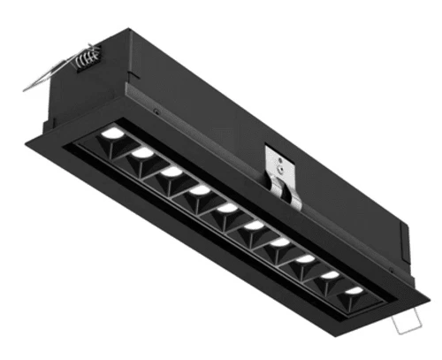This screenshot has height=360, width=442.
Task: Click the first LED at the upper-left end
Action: pyautogui.click(x=113, y=134)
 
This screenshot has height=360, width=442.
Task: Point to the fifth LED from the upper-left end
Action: pyautogui.click(x=228, y=208)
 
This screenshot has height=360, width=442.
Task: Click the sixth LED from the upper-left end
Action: pyautogui.click(x=255, y=225)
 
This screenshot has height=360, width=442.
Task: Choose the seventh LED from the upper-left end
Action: pyautogui.click(x=279, y=241)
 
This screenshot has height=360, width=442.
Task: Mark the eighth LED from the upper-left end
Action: pyautogui.click(x=305, y=258)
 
